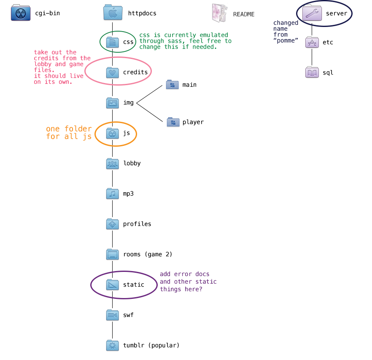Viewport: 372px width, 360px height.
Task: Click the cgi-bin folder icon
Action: [21, 13]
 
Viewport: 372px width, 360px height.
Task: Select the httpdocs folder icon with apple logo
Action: [113, 12]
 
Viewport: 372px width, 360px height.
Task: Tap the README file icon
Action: [220, 13]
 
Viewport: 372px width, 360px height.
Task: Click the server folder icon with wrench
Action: [312, 13]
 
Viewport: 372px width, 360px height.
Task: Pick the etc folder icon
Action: [312, 42]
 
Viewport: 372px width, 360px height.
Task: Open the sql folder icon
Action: [312, 73]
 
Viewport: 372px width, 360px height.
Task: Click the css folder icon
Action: [113, 42]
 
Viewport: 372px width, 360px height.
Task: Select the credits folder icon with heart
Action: [113, 73]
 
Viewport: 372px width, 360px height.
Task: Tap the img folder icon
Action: [113, 103]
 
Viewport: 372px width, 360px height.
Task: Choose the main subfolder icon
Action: [173, 84]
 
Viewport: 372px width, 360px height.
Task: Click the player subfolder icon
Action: [173, 122]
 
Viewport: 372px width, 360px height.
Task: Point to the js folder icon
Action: [113, 133]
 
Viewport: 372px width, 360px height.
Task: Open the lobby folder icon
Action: [113, 164]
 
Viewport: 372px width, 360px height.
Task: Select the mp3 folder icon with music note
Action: [113, 193]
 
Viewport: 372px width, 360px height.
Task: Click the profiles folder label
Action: [137, 224]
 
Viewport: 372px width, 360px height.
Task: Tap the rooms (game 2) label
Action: [148, 255]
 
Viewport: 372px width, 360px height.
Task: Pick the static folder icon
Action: [113, 285]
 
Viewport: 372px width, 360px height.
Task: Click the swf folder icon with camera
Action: [113, 315]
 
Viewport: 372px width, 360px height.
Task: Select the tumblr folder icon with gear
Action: [113, 345]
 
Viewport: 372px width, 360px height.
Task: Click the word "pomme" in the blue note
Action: [286, 41]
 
